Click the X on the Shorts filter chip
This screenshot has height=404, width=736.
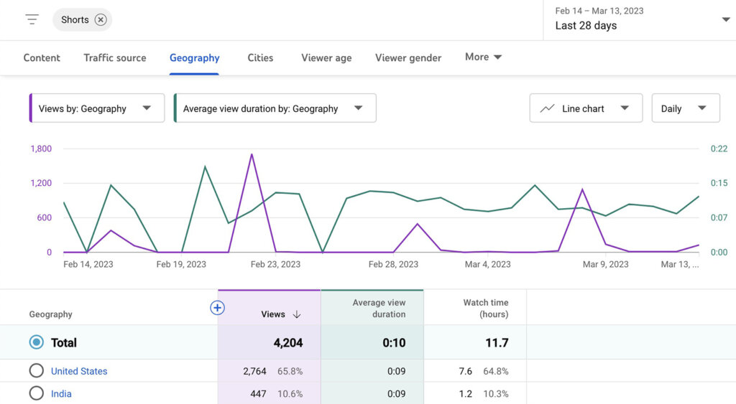coord(101,20)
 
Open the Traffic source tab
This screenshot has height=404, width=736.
coord(114,57)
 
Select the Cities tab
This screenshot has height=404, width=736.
coord(260,57)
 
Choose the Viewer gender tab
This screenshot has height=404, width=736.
coord(408,57)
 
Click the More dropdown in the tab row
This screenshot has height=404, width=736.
coord(483,57)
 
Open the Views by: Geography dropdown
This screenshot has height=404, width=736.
coord(96,108)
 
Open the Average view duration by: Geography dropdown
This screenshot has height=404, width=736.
coord(275,108)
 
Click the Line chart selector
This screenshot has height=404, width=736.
coord(585,108)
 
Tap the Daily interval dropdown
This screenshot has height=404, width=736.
coord(685,108)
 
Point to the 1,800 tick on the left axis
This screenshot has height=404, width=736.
coord(41,149)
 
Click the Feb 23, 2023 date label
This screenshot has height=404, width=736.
coord(275,264)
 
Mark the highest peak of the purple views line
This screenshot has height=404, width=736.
coord(252,154)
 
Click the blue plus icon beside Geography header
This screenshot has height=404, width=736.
coord(217,308)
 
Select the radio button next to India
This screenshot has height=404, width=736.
coord(36,393)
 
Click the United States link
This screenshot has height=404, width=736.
coord(79,371)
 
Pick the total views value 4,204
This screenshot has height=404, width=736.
coord(288,343)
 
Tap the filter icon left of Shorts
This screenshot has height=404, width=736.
coord(32,19)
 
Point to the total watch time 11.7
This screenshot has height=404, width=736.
coord(497,343)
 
